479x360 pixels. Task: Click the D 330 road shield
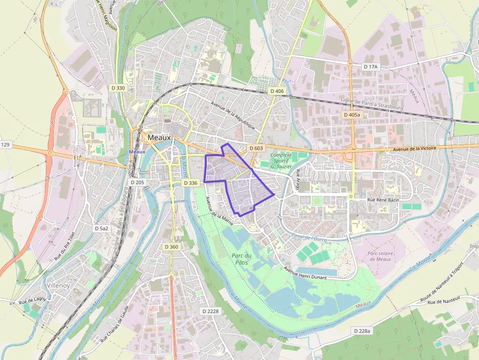(118, 88)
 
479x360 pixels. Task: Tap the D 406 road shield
(277, 91)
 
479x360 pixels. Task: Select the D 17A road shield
(371, 66)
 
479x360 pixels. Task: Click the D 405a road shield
(351, 115)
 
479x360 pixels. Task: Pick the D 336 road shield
(190, 183)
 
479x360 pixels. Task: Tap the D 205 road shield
(138, 182)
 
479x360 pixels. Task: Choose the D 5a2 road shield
(102, 228)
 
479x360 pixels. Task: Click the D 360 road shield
(172, 247)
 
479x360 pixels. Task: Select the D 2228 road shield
(211, 311)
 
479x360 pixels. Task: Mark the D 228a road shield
(362, 331)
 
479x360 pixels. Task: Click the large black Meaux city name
(159, 138)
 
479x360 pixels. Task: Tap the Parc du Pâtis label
(242, 259)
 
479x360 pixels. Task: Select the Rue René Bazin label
(384, 200)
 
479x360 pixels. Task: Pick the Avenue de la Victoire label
(414, 148)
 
